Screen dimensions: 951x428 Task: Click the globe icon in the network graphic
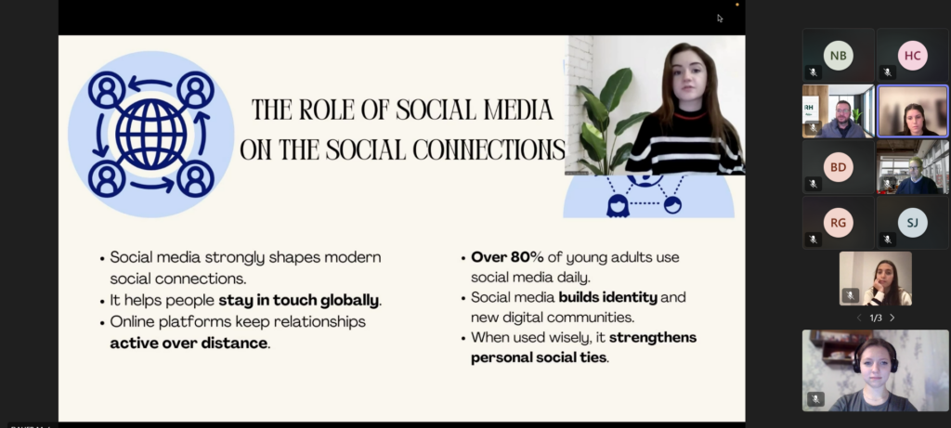151,134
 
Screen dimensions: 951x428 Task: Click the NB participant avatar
839,56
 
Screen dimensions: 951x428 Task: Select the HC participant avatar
912,56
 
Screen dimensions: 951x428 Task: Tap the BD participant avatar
839,167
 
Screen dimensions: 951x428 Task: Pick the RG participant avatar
839,223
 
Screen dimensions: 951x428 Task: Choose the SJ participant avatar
912,223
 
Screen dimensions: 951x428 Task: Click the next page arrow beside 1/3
892,318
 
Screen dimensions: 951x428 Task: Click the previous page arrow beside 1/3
859,318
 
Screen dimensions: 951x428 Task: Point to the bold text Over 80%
507,257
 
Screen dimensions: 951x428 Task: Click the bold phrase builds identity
607,298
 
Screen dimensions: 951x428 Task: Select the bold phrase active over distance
189,344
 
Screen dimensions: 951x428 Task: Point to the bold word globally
349,300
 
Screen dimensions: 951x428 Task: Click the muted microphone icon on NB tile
814,72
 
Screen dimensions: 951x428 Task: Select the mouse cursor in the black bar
720,19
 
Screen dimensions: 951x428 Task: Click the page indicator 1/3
876,318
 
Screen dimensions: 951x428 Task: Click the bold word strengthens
653,337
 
